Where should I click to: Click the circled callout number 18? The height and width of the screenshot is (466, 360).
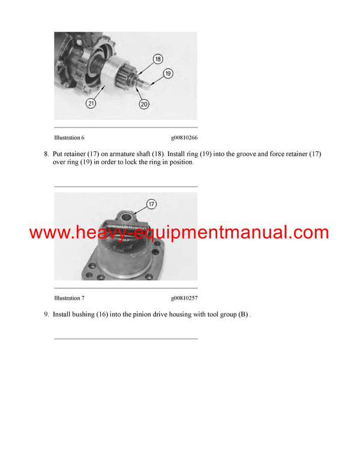[x=157, y=59]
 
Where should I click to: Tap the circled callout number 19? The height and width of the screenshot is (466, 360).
[x=168, y=73]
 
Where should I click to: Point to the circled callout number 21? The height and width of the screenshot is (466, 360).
[x=91, y=103]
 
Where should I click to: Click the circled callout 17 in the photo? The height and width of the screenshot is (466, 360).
[x=152, y=204]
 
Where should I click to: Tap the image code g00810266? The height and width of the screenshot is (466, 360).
[x=184, y=138]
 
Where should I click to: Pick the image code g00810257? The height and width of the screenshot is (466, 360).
[x=184, y=298]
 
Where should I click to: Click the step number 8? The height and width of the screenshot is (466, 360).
[x=46, y=154]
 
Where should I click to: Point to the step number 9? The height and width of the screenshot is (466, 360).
[x=46, y=314]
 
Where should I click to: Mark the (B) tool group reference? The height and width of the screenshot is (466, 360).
[x=242, y=314]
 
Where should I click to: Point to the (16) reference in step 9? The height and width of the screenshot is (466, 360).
[x=104, y=314]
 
